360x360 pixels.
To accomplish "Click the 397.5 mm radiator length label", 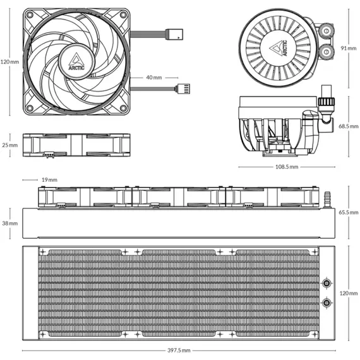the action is (179, 351).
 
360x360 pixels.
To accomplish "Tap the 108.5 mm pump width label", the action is (287, 167).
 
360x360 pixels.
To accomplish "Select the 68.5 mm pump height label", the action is (348, 126).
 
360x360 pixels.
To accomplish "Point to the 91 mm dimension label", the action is (349, 48).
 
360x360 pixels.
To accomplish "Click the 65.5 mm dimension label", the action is (348, 212).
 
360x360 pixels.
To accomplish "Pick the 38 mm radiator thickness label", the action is (10, 223).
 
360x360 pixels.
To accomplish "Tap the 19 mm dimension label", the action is (49, 180).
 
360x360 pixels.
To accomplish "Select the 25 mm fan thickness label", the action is (10, 145).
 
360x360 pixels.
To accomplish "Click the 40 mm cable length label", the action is (154, 78).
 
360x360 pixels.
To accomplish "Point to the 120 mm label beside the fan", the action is (9, 62).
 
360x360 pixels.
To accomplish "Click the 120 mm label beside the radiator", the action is (349, 293).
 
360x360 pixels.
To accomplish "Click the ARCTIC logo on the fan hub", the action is (76, 62).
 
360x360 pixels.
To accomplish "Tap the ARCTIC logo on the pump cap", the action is (279, 48).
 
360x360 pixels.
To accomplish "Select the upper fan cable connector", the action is (174, 34).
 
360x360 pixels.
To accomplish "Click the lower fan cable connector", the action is (183, 89).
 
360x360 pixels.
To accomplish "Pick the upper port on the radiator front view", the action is (327, 283).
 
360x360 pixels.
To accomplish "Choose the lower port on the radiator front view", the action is (327, 303).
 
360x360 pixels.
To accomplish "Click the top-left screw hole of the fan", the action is (30, 15).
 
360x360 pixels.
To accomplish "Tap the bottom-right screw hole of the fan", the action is (123, 108).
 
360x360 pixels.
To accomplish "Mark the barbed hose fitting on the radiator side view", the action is (327, 200).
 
